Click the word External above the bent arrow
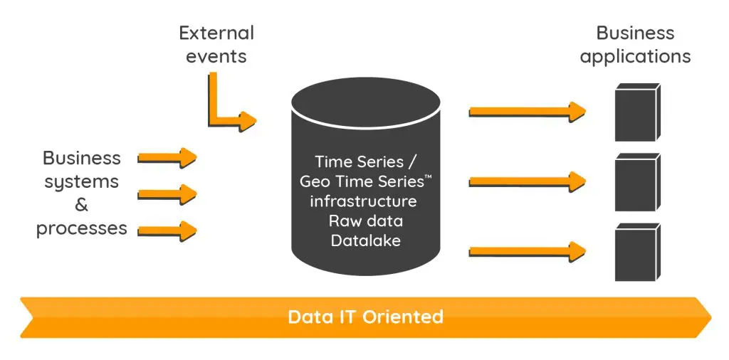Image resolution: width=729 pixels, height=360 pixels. point(216,33)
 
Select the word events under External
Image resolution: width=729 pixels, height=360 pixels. point(216,56)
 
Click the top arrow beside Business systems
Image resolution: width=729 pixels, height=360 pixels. point(167,157)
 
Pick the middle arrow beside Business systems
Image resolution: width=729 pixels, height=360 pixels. point(167,193)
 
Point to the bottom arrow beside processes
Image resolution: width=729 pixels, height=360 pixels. point(167,230)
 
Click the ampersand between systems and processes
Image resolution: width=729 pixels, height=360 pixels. point(82,205)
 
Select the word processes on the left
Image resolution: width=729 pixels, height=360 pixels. point(82,228)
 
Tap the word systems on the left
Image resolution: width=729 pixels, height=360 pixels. point(82,181)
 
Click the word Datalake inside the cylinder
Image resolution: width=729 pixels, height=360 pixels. point(365,240)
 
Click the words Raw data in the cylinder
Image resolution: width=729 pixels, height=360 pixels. point(365,221)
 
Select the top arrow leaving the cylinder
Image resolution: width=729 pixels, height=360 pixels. point(528,111)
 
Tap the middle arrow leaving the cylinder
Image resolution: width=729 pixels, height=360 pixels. point(528,181)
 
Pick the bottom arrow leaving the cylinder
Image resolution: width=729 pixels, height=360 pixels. point(528,250)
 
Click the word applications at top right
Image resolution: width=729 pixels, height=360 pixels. point(635,56)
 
